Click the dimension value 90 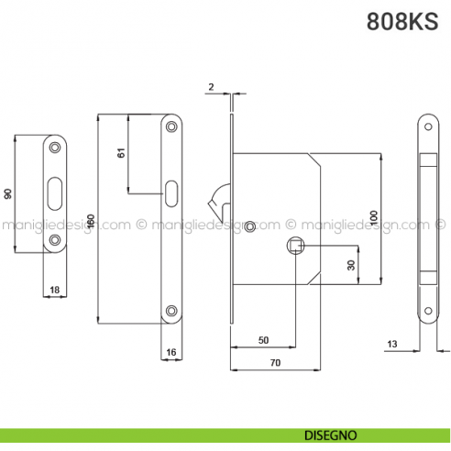(x=8, y=193)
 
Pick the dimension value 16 (x=170, y=351)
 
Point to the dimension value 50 (x=263, y=339)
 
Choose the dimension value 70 (x=275, y=363)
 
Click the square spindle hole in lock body (x=294, y=245)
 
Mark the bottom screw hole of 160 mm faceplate (x=171, y=310)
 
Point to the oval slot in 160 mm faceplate (x=171, y=192)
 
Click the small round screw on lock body (x=251, y=225)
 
